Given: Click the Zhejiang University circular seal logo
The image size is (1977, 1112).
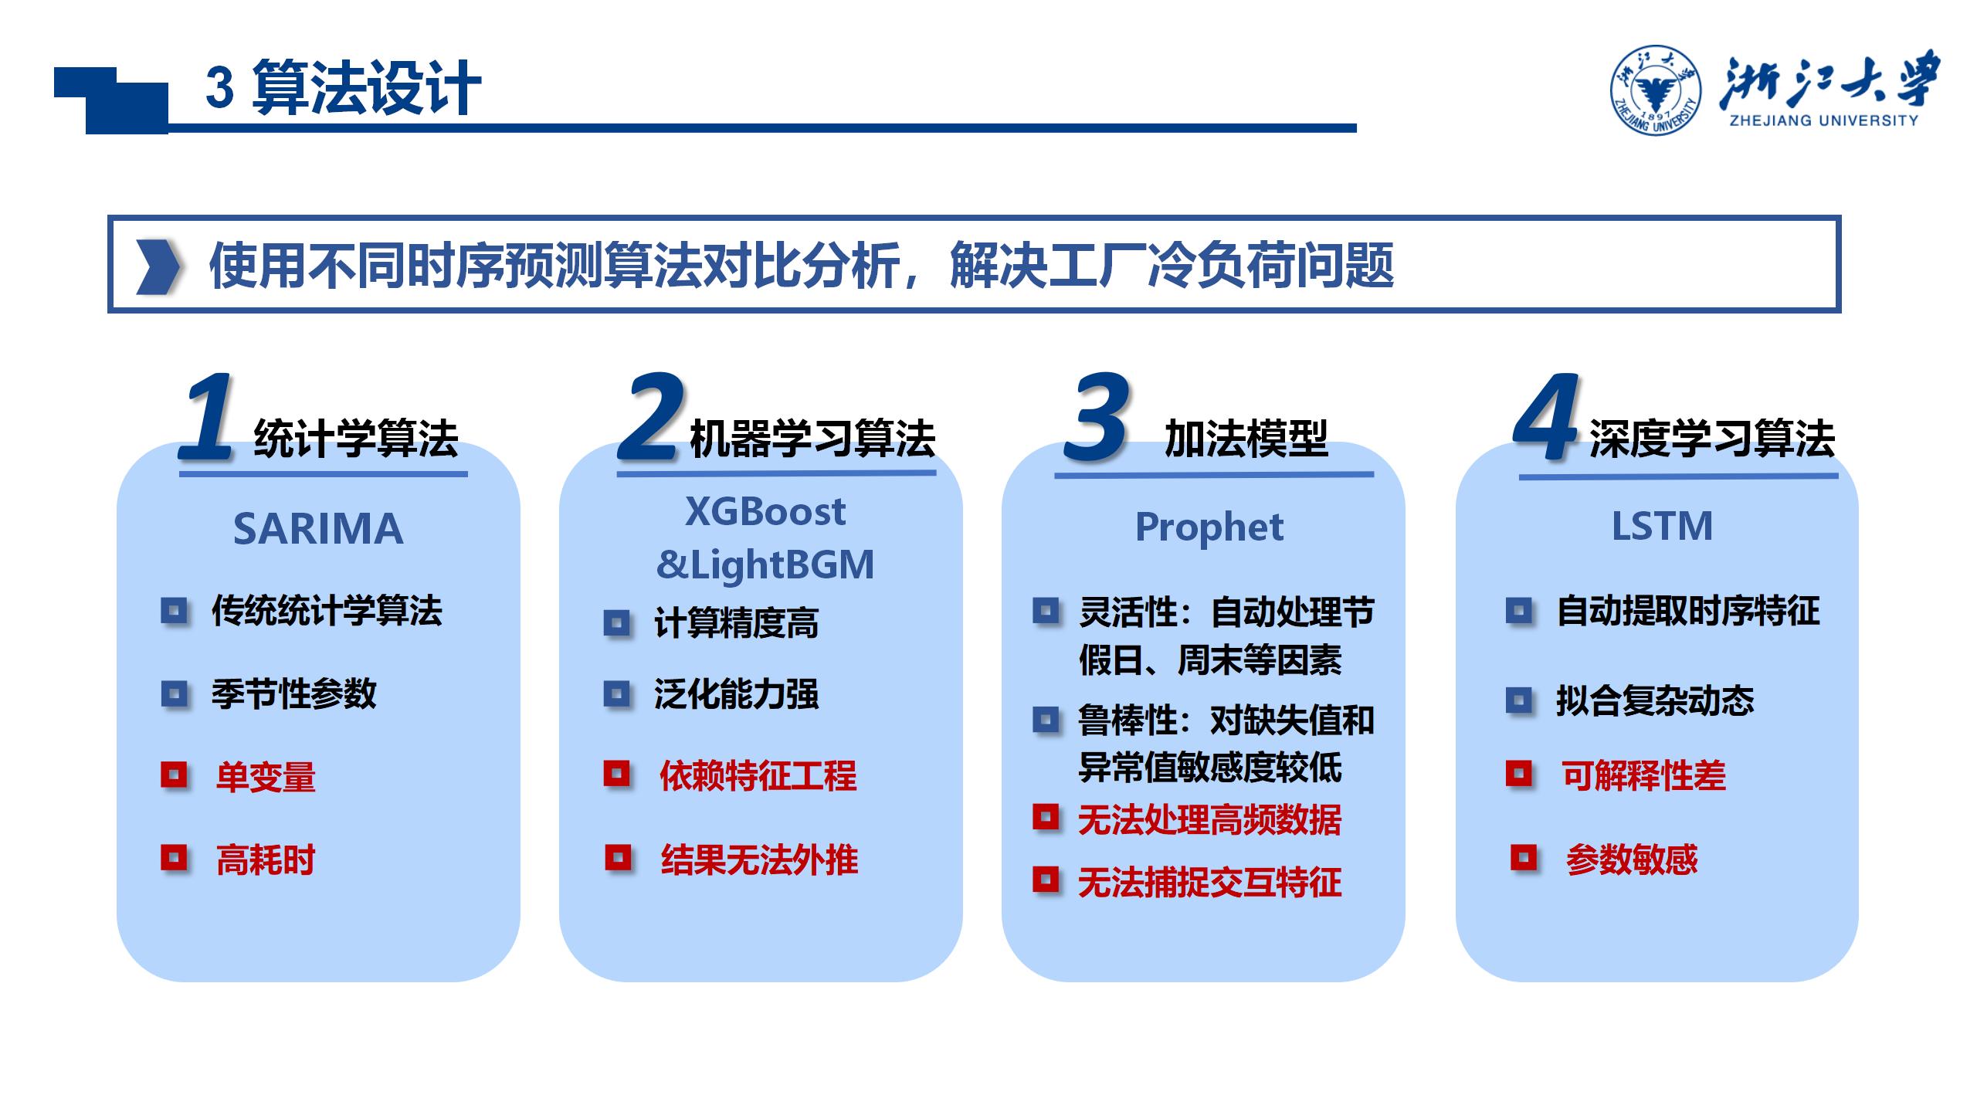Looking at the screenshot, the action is pos(1655,90).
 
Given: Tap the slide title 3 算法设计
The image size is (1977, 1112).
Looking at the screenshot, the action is pos(344,87).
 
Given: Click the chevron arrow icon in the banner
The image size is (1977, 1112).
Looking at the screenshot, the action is pos(158,266).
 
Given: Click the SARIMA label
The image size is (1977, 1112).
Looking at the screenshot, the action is pos(318,529).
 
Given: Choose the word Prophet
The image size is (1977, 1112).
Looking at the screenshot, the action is pos(1209,528).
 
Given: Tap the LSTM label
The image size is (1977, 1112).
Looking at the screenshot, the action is pos(1662,527).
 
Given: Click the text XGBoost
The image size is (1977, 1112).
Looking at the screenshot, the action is pos(765,511).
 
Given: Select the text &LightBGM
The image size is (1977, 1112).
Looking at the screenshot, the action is pos(765,564).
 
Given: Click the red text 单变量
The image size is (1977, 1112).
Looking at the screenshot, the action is pos(266,776).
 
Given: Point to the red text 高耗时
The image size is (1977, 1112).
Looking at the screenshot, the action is pos(266,859).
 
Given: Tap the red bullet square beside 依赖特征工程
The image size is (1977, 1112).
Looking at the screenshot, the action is pos(616,774).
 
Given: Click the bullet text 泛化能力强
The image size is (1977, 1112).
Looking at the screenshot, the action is pos(736,693).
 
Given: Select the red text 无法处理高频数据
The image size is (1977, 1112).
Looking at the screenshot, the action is pos(1209,820).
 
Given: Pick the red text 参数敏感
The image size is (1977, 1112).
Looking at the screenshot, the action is pos(1632,859).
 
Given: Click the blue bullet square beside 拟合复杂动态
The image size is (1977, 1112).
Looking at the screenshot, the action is pos(1518,701).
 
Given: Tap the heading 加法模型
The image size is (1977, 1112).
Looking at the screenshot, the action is pos(1246,439).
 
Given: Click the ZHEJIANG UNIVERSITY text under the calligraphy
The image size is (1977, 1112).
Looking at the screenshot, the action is pos(1823,120).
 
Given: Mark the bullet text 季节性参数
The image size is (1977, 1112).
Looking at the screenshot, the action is pos(293,693).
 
